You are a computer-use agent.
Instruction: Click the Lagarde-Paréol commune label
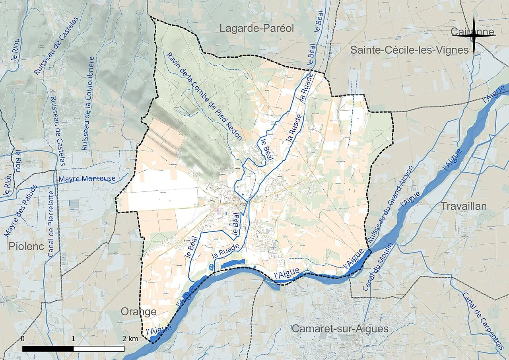point(257,28)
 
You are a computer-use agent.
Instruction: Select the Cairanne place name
point(472,32)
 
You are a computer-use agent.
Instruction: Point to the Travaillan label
point(464,206)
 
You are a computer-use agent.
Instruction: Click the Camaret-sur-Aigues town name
point(340,329)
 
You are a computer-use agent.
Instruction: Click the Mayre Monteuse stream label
point(87,179)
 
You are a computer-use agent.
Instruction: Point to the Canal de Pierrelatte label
point(51,223)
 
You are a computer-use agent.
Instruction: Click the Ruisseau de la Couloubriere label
point(88,103)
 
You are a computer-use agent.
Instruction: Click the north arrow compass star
point(474,36)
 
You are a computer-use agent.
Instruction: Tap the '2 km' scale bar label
point(130,339)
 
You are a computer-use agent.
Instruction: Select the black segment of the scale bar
point(48,349)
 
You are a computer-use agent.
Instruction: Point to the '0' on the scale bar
point(23,339)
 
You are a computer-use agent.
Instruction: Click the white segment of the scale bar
point(99,349)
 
